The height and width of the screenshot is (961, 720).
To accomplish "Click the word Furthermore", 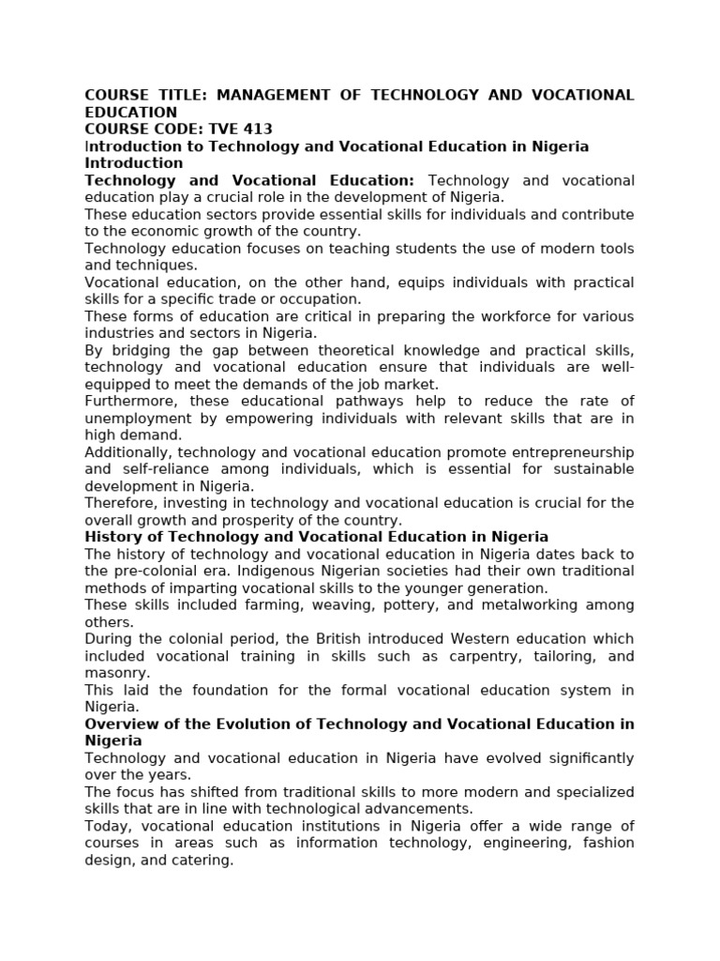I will pyautogui.click(x=128, y=401).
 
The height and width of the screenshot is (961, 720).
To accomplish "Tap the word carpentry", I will pyautogui.click(x=453, y=655).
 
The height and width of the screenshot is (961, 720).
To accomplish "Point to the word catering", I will pyautogui.click(x=202, y=860).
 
